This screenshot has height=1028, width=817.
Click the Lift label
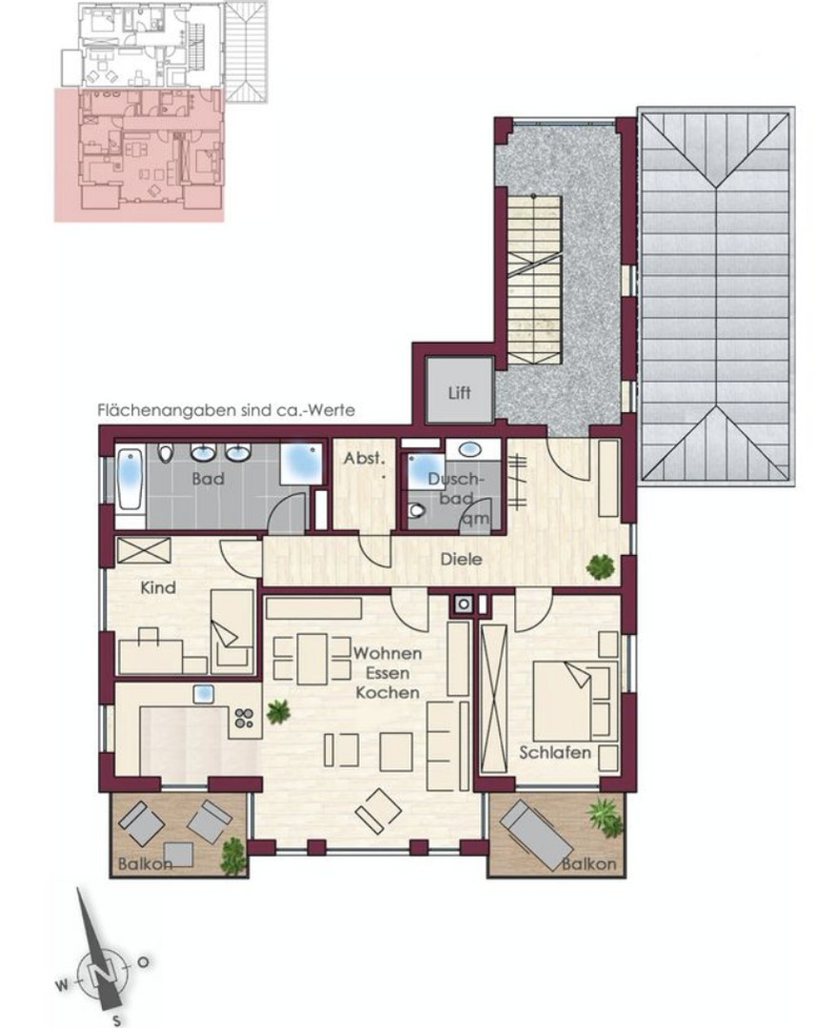459,391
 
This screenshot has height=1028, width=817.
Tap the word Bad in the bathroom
207,479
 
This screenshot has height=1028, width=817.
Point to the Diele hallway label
461,561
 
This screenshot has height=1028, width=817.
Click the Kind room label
158,588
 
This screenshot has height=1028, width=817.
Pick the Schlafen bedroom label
555,753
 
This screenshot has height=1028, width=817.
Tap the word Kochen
387,693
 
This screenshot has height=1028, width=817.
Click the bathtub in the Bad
130,482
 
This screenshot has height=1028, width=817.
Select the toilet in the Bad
166,454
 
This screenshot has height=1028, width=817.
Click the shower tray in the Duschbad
420,471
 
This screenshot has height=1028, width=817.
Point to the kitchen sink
203,694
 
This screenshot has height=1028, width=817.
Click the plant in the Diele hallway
600,567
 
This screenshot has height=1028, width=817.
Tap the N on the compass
105,971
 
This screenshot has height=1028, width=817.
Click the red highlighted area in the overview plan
138,157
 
